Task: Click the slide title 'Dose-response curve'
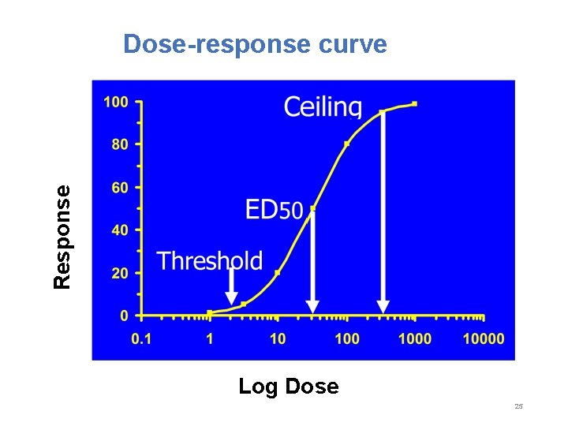[x=255, y=43]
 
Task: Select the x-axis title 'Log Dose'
[x=288, y=387]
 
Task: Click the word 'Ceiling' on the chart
[x=323, y=107]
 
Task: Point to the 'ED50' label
[x=274, y=210]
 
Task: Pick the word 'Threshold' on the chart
[x=209, y=260]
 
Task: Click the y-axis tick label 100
[x=115, y=102]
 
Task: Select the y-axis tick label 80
[x=119, y=145]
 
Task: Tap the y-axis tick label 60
[x=119, y=188]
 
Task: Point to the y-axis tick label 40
[x=119, y=230]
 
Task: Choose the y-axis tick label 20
[x=119, y=274]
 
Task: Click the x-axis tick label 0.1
[x=141, y=338]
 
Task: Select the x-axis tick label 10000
[x=483, y=338]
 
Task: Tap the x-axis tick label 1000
[x=415, y=338]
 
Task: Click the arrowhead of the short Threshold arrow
[x=231, y=297]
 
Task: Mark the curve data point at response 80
[x=346, y=144]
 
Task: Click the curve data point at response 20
[x=278, y=272]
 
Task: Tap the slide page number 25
[x=518, y=406]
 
